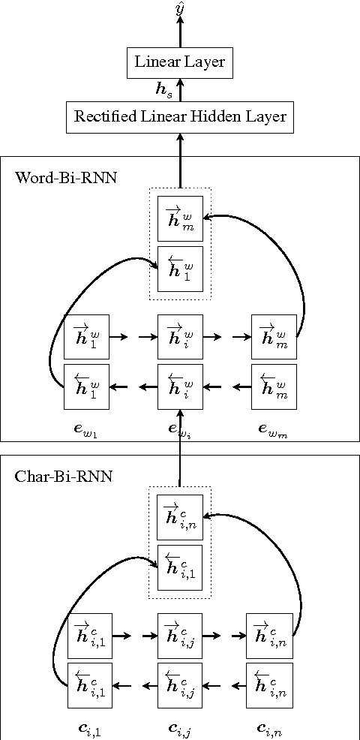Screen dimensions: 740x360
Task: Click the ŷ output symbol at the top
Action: tap(179, 8)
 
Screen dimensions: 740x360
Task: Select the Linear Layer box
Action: tap(179, 62)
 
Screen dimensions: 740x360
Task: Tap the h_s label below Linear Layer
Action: tap(163, 91)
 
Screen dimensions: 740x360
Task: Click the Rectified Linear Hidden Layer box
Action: tap(179, 117)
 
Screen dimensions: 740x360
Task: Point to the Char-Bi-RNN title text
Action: tap(64, 477)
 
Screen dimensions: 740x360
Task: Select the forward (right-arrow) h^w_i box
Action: tap(180, 337)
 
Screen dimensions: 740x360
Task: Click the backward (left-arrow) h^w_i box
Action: tap(180, 387)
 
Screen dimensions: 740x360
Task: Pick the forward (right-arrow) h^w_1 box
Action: tap(86, 337)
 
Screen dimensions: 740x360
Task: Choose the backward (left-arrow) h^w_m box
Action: tap(274, 387)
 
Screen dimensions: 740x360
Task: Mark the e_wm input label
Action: tap(274, 429)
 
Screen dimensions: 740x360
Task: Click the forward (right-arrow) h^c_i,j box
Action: tap(180, 635)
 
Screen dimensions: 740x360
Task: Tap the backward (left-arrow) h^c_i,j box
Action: tap(180, 685)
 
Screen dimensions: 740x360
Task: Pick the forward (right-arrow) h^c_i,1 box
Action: tap(90, 635)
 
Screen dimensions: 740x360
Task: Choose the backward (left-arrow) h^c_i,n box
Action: tap(268, 685)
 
